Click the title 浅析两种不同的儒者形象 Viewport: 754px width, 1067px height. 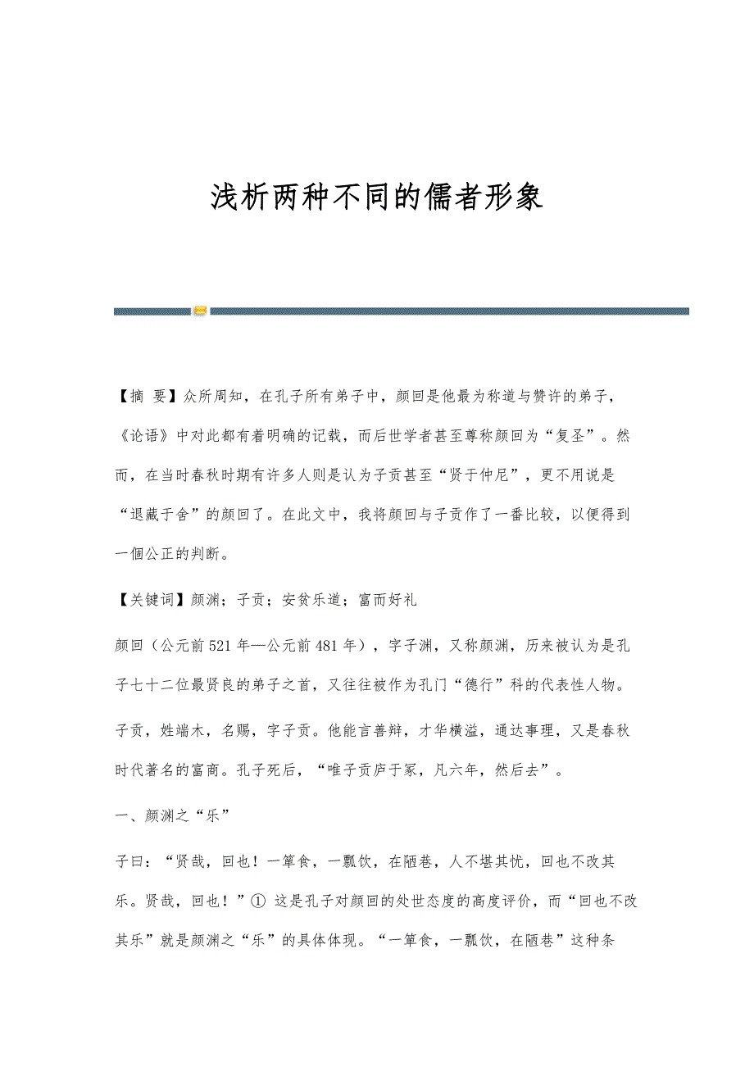pos(377,198)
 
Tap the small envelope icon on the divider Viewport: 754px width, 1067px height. pos(200,311)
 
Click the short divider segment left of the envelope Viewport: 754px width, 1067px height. pos(152,311)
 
